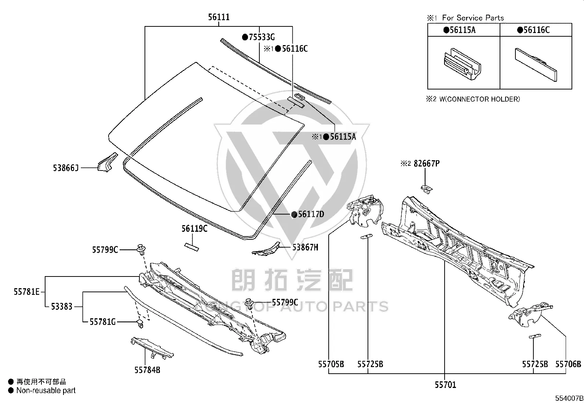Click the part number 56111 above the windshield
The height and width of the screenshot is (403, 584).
click(x=219, y=17)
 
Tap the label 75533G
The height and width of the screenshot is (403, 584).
click(x=262, y=37)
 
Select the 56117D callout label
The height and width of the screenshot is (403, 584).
click(x=311, y=214)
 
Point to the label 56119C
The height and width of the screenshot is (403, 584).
click(x=194, y=228)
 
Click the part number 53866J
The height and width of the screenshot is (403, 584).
click(x=66, y=168)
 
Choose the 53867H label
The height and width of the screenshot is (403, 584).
click(x=305, y=247)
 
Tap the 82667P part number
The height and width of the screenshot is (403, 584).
click(x=427, y=164)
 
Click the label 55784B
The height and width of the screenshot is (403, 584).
click(x=147, y=370)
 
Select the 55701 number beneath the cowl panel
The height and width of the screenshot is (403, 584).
click(x=445, y=385)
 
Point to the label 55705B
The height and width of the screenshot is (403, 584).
click(x=331, y=364)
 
